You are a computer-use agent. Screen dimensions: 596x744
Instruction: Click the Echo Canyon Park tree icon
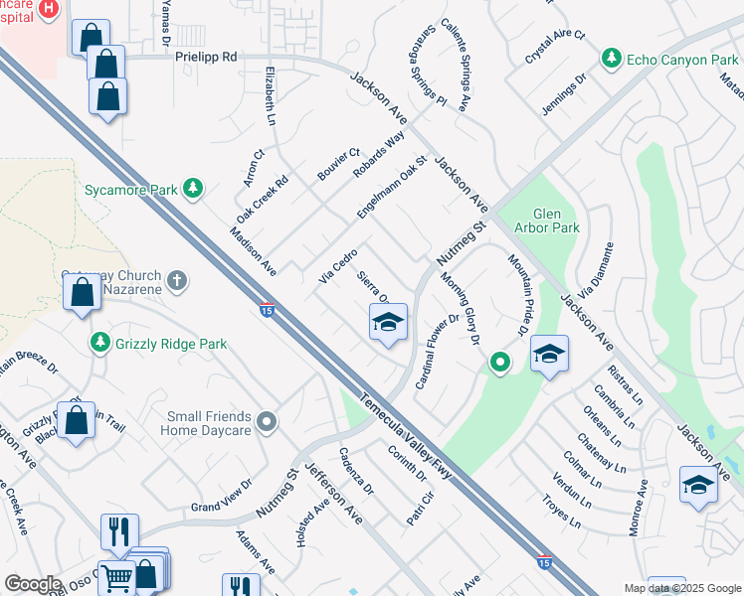614,60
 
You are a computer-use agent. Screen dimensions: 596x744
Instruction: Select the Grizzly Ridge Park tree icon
99,344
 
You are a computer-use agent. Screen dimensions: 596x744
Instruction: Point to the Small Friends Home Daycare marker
266,423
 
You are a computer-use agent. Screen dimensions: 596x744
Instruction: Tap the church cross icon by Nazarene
178,281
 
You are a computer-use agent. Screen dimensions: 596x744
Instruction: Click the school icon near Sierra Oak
388,322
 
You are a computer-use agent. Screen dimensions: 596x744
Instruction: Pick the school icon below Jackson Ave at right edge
698,486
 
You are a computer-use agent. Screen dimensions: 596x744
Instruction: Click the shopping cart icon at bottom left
117,577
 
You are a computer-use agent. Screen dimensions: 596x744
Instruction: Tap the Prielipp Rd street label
206,58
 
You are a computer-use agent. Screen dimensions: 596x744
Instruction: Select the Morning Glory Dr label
461,309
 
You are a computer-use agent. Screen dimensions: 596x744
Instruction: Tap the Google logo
33,583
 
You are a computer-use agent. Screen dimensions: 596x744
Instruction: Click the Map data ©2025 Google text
681,588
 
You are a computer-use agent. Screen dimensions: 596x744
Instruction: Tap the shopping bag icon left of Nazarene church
82,294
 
